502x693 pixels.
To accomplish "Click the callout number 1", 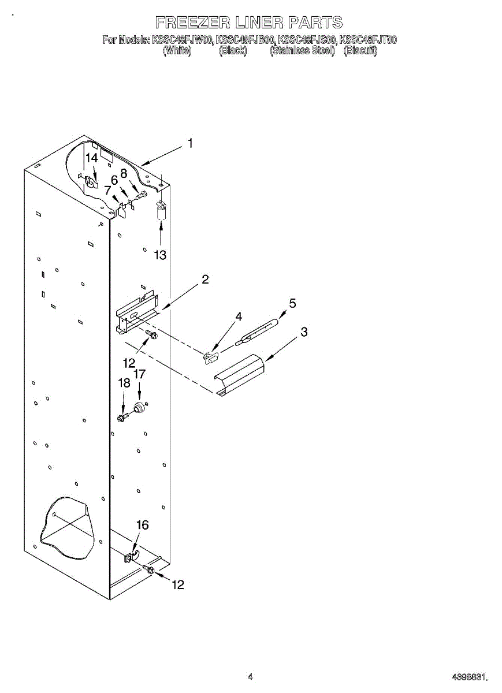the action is (x=190, y=144).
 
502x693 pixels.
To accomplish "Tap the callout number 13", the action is (x=160, y=255).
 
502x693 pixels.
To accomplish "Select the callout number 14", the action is (x=92, y=158).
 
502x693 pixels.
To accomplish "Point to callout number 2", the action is (x=205, y=280).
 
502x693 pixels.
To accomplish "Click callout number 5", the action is (x=292, y=303).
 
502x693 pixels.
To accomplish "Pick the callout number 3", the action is (x=304, y=332).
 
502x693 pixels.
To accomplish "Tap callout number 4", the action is (x=239, y=316).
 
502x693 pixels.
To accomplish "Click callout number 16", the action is (x=142, y=525).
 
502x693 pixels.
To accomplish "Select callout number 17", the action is (x=139, y=374).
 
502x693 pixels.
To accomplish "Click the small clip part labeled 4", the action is (x=211, y=357).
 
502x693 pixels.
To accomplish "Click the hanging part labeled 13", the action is (x=161, y=210).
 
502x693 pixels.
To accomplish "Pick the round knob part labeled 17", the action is (x=139, y=409).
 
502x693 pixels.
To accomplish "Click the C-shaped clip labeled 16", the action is (x=131, y=557).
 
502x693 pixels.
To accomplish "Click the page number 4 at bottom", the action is (x=250, y=676).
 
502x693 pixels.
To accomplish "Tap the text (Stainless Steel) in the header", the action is (x=302, y=50).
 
